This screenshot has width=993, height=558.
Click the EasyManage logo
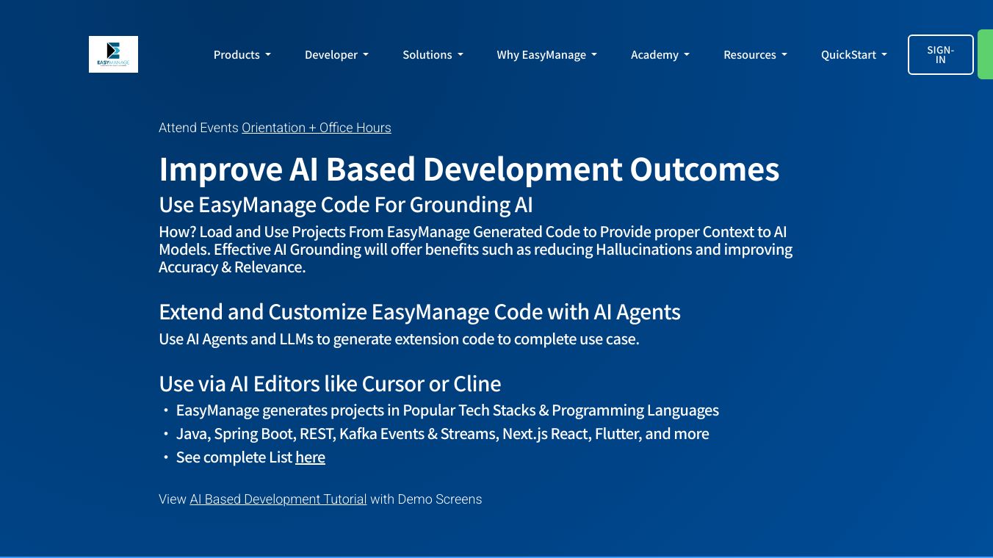(x=113, y=54)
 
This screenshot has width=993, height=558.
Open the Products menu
(x=242, y=54)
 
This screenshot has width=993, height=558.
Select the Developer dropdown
(x=336, y=54)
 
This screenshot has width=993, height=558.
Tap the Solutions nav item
(x=433, y=54)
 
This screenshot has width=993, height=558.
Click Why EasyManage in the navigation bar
(x=546, y=54)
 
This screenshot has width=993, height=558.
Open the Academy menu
(x=660, y=54)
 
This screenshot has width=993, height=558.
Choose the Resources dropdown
(x=755, y=54)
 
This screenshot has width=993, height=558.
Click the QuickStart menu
(x=853, y=54)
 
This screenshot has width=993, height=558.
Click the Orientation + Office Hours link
(x=317, y=128)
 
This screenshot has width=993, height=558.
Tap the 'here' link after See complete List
(x=310, y=457)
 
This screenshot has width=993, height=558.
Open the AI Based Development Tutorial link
(x=278, y=499)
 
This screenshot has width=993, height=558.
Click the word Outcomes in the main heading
(x=704, y=170)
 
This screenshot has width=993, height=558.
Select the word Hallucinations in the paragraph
(x=643, y=250)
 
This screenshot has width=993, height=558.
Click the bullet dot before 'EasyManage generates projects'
(x=166, y=410)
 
